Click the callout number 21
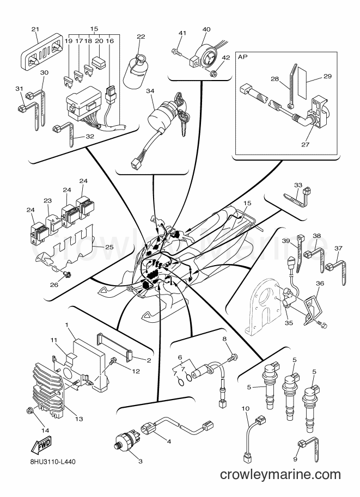pyautogui.click(x=35, y=29)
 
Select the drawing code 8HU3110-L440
pyautogui.click(x=51, y=462)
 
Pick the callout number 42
pyautogui.click(x=225, y=58)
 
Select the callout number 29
pyautogui.click(x=327, y=76)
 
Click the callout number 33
pyautogui.click(x=298, y=185)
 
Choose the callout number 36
pyautogui.click(x=320, y=283)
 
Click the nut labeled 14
pyautogui.click(x=30, y=411)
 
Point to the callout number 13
pyautogui.click(x=79, y=419)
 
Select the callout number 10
pyautogui.click(x=246, y=409)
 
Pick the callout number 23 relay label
pyautogui.click(x=47, y=201)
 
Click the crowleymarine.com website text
pyautogui.click(x=280, y=475)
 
